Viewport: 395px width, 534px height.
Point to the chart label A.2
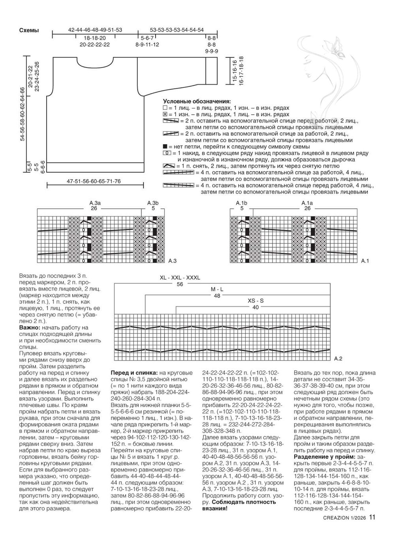(x=339, y=359)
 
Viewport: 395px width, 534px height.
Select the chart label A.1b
(x=241, y=203)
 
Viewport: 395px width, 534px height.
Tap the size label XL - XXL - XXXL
(x=180, y=278)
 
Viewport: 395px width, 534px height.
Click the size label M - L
(x=217, y=289)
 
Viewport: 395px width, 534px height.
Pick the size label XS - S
(x=256, y=301)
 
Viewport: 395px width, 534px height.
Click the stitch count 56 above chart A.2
(x=180, y=284)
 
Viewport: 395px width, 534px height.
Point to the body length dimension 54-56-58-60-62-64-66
(x=23, y=114)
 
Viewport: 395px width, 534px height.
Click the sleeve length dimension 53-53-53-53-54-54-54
(x=177, y=30)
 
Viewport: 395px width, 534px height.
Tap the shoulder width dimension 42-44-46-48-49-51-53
(x=95, y=30)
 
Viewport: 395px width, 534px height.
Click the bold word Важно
(x=29, y=328)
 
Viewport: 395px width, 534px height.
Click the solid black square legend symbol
(x=165, y=146)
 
